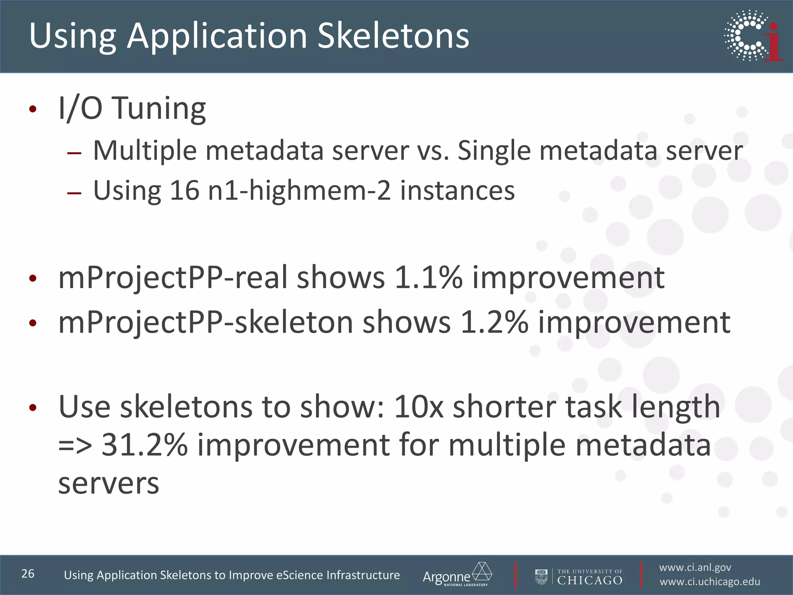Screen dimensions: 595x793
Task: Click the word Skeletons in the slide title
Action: tap(393, 36)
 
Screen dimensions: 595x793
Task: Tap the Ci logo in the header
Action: tap(753, 36)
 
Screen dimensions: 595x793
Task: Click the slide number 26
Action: tap(28, 574)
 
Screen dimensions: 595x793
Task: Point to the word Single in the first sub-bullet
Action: tap(494, 150)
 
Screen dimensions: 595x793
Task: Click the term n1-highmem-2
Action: tap(299, 191)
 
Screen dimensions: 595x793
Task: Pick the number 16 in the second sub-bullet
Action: tap(184, 191)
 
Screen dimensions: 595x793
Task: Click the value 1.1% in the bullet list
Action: tap(428, 277)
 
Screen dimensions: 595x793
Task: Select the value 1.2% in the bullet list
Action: tap(494, 322)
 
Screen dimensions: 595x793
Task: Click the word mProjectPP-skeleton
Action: tap(205, 322)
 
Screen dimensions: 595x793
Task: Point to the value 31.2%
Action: tap(144, 445)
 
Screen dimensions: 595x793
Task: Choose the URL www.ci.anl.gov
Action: tap(695, 567)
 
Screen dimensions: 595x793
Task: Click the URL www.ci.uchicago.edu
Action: tap(710, 582)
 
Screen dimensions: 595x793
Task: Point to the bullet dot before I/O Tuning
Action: tap(33, 110)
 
